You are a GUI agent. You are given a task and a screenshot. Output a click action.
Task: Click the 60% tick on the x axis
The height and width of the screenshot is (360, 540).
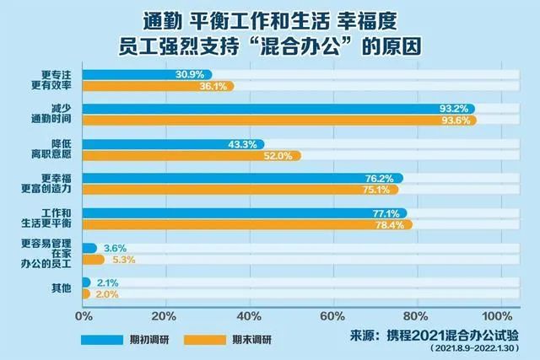(332, 316)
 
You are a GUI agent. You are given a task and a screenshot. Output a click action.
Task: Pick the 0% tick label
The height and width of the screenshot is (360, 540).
(84, 316)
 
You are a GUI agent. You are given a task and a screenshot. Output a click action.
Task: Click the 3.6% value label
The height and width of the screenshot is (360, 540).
(114, 248)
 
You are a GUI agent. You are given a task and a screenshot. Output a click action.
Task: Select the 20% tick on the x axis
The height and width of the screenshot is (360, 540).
(166, 316)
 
